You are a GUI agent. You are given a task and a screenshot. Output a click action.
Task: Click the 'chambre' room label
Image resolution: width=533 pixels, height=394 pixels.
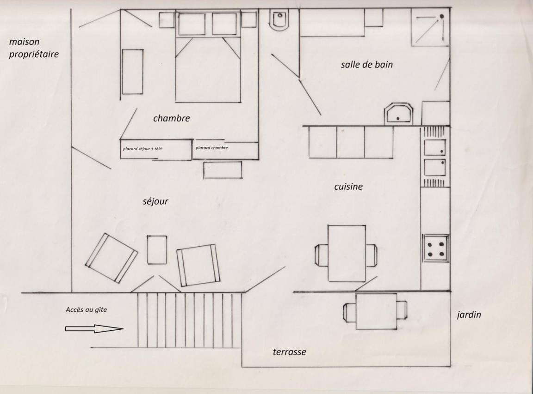[x=171, y=118]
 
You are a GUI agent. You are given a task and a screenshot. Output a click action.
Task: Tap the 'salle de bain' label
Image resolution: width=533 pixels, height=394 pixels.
[x=367, y=65]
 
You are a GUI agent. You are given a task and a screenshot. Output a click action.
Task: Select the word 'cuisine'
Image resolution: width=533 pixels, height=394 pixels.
[x=348, y=186]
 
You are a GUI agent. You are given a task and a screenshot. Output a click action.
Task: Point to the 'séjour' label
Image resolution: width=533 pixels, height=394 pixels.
[x=155, y=201]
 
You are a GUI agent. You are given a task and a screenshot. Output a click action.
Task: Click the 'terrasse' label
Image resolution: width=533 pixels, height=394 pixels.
[x=289, y=352]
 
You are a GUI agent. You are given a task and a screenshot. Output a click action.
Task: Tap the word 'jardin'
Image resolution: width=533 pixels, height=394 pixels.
[x=469, y=315]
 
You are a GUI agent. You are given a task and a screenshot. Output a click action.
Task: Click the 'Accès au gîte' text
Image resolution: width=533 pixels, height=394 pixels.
[x=87, y=309]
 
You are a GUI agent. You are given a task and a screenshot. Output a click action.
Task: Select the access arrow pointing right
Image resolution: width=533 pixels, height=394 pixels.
[x=94, y=328]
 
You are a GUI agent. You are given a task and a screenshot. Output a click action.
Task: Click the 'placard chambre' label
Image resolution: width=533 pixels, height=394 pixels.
[x=212, y=148]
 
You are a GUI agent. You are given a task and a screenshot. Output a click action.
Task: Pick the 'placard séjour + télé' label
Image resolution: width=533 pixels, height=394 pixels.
[x=143, y=149]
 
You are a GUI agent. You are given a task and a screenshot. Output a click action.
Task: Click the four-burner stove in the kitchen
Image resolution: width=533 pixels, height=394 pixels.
[x=436, y=248]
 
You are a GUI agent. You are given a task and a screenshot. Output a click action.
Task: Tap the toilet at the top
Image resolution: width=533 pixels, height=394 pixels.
[x=279, y=20]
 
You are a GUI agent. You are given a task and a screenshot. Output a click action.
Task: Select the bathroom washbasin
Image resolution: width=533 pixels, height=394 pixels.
[x=398, y=114]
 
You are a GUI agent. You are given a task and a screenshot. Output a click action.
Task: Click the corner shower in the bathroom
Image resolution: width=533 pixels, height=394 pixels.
[x=430, y=27]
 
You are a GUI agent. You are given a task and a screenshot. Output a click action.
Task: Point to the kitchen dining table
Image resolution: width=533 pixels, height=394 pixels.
[x=347, y=253]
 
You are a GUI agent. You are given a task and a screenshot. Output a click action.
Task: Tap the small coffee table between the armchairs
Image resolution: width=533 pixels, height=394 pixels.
[x=157, y=250]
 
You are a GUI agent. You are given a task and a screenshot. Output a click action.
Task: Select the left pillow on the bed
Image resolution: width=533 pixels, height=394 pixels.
[x=192, y=24]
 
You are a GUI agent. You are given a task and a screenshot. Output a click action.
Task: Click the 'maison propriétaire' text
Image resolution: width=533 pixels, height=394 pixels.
[x=34, y=48]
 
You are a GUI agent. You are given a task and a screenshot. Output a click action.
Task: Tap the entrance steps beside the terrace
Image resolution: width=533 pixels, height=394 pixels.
[x=189, y=320]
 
